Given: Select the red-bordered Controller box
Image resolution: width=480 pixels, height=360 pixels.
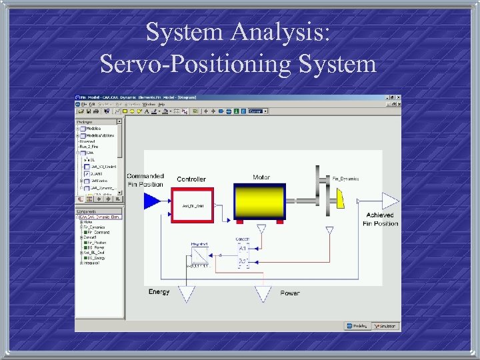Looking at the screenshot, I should click(x=193, y=205).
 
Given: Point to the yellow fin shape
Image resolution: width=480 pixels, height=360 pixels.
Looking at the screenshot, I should click(x=341, y=197).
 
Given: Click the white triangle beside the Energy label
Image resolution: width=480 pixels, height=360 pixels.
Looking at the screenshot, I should click(x=187, y=293).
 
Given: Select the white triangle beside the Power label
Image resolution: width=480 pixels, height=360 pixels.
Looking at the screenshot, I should click(x=263, y=293).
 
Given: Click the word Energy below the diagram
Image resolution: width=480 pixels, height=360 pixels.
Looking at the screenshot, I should click(x=159, y=292).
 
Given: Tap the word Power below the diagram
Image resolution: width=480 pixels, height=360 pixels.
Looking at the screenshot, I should click(x=289, y=293).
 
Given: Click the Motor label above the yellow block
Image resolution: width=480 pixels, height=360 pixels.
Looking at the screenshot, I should click(x=261, y=177).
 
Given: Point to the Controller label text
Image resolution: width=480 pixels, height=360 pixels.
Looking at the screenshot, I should click(x=191, y=179).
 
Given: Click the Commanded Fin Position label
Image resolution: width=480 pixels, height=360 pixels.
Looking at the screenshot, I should click(x=145, y=180).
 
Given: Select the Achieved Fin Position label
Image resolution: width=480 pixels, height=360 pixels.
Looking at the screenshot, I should click(x=381, y=219).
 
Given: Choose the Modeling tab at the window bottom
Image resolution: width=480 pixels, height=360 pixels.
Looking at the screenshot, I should click(x=357, y=326).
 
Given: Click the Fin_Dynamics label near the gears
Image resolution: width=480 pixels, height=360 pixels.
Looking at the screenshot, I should click(x=345, y=179).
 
